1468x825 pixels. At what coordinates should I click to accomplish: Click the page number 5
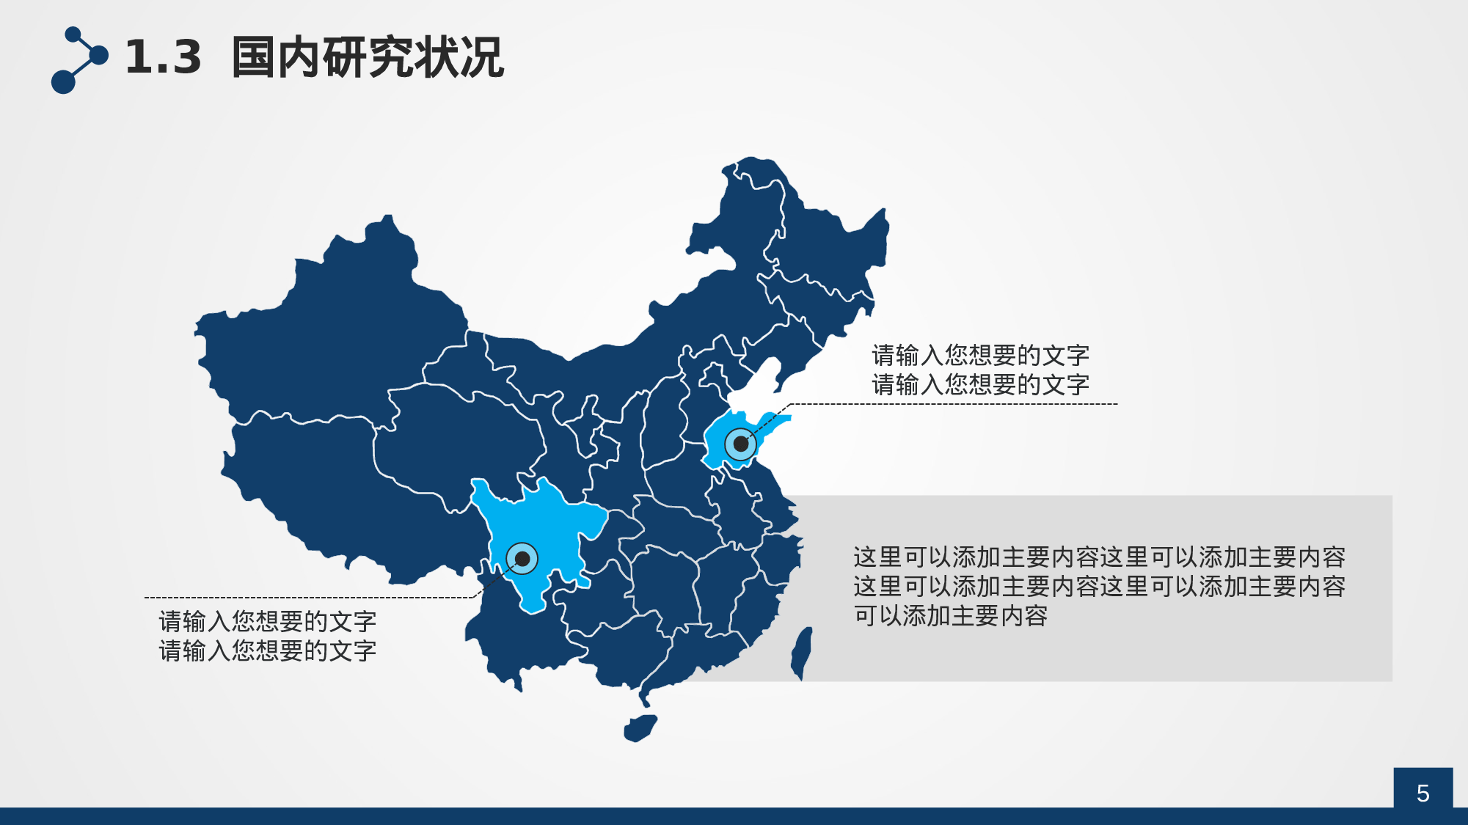click(x=1423, y=793)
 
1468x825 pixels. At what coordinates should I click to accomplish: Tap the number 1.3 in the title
click(x=163, y=57)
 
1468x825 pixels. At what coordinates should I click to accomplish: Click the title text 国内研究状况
click(x=367, y=57)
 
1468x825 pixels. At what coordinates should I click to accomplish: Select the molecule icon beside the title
click(x=78, y=60)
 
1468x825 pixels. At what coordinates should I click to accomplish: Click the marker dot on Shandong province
click(x=741, y=444)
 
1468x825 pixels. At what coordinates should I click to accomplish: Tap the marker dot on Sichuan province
click(x=522, y=559)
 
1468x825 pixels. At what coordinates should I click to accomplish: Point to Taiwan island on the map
click(x=801, y=653)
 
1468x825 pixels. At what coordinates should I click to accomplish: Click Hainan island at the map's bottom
click(x=640, y=727)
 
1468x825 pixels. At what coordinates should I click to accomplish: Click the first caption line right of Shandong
click(x=980, y=356)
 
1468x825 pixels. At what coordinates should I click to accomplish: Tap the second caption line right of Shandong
click(x=980, y=384)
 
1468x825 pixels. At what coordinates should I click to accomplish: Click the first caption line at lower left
click(x=267, y=622)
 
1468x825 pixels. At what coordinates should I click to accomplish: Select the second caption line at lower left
click(x=267, y=650)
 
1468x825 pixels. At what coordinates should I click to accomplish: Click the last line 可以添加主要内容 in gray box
click(x=950, y=616)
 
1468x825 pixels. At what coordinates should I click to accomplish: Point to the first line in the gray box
click(x=1099, y=557)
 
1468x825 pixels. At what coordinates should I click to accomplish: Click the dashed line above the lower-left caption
click(x=308, y=598)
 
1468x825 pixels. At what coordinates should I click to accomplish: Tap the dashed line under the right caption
click(x=954, y=404)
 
